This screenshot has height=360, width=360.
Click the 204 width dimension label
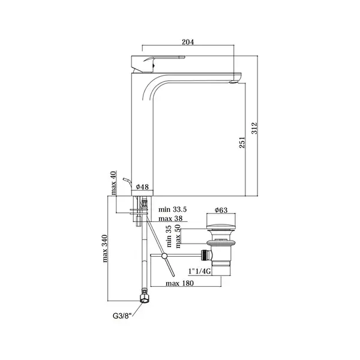coord(188,42)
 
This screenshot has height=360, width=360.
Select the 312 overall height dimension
coord(255,128)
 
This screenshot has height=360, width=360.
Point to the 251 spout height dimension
coord(242,142)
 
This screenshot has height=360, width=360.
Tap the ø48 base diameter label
coord(142,187)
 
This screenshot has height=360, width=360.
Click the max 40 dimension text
coord(113,183)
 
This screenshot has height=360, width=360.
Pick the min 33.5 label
coord(172,209)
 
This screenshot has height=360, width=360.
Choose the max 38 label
coord(170,218)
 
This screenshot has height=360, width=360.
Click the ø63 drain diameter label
coord(221,210)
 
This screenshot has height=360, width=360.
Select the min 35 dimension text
coord(169,236)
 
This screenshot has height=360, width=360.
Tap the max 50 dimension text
coord(178,236)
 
